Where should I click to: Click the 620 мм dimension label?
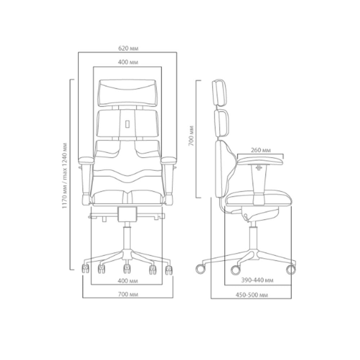[128, 48]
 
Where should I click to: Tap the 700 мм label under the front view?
[128, 294]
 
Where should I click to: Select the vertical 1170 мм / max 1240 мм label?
[64, 176]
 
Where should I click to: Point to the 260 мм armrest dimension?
[261, 150]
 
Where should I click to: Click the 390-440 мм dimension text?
[257, 280]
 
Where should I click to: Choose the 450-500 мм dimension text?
[252, 295]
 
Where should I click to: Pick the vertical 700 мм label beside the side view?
[191, 136]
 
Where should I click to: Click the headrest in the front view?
[127, 93]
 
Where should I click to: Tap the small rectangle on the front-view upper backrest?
[127, 124]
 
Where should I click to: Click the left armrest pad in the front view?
[86, 160]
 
